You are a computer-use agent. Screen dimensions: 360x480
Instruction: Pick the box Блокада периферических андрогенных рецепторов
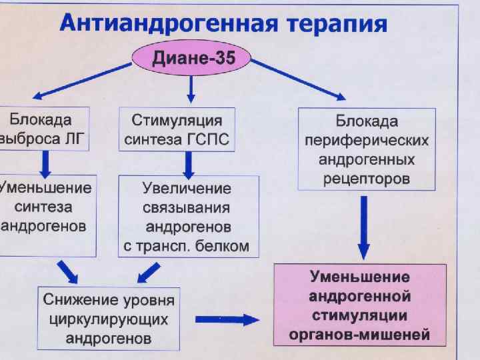point(367,150)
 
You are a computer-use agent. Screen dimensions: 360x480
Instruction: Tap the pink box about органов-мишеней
point(359,305)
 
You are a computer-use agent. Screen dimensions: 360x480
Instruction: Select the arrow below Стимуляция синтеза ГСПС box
point(189,163)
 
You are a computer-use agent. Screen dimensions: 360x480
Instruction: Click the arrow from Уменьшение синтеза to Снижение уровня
point(69,271)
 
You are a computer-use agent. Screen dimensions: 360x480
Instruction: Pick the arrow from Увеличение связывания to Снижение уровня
point(148,272)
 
